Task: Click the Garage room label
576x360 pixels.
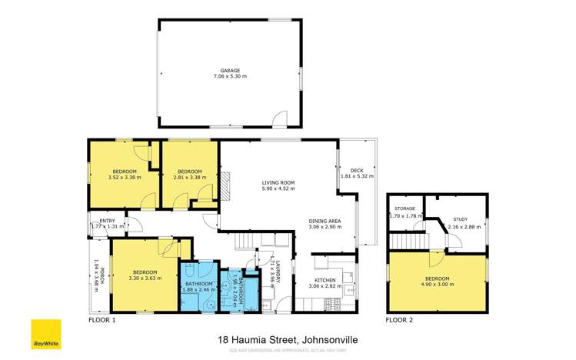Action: click(x=230, y=70)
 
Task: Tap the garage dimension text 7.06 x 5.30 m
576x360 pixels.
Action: click(x=230, y=76)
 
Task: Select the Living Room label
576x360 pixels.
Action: click(x=278, y=182)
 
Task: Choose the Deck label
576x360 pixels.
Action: click(x=356, y=171)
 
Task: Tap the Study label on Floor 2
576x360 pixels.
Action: click(x=460, y=219)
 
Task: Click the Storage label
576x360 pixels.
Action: click(x=405, y=208)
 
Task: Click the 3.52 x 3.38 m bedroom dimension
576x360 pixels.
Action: click(x=125, y=176)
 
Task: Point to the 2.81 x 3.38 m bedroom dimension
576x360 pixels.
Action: click(x=189, y=176)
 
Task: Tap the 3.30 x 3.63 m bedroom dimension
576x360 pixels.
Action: click(x=145, y=279)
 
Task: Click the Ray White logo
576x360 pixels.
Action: click(x=45, y=333)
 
